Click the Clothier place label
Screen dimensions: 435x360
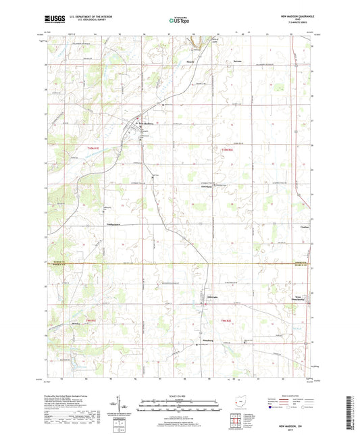(305, 228)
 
